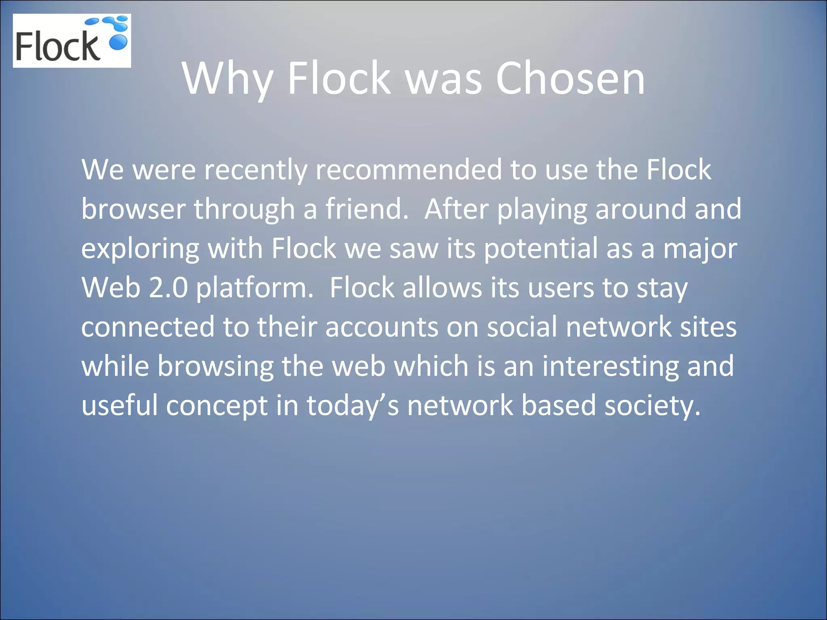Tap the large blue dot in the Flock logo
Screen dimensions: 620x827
click(119, 42)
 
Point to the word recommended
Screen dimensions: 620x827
click(408, 170)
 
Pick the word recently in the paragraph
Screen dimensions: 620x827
click(255, 170)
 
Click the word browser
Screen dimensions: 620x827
click(133, 209)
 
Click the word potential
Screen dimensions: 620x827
click(540, 249)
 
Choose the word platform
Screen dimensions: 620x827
click(254, 288)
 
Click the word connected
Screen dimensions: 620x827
click(148, 327)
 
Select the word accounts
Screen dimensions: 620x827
click(381, 327)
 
